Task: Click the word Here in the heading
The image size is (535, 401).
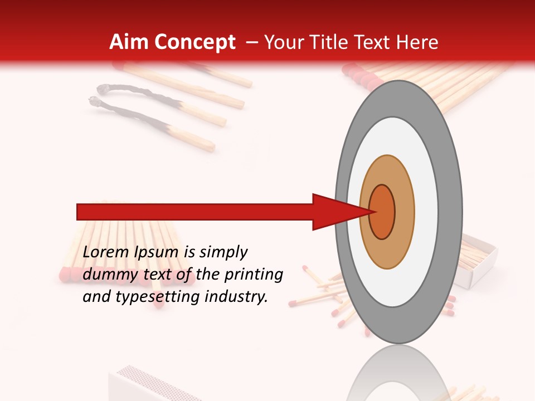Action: [x=419, y=42]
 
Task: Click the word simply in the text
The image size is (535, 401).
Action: [x=222, y=252]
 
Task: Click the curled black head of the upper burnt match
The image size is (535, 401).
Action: [x=103, y=88]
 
